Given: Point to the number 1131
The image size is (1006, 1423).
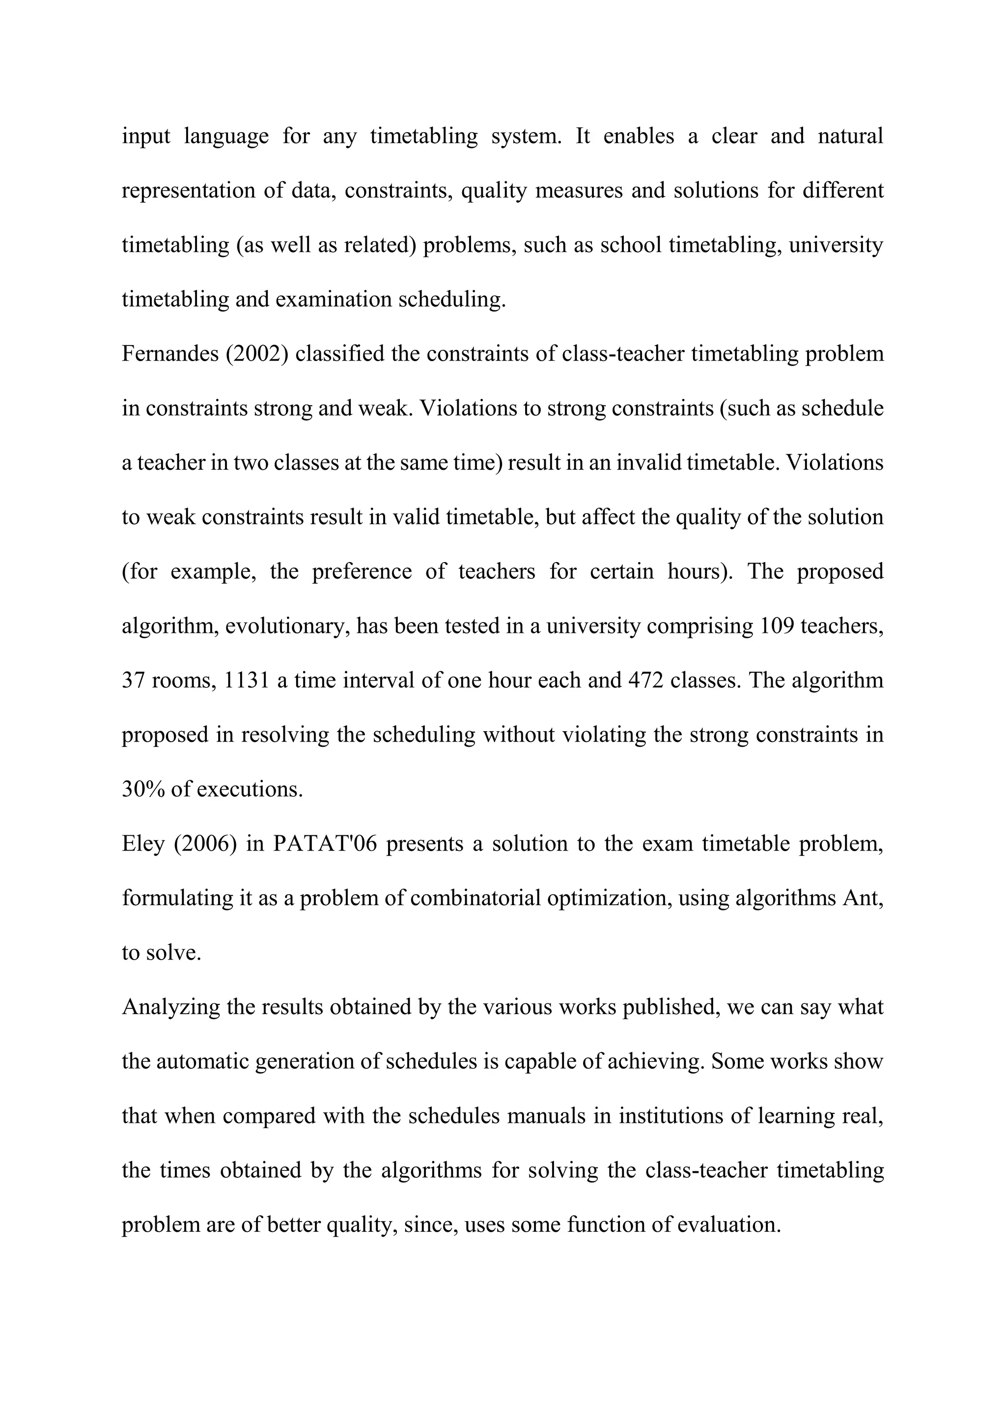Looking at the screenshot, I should (246, 681).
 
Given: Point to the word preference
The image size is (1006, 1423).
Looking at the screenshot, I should (362, 571).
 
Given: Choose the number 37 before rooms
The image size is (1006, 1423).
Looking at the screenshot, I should (133, 681).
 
